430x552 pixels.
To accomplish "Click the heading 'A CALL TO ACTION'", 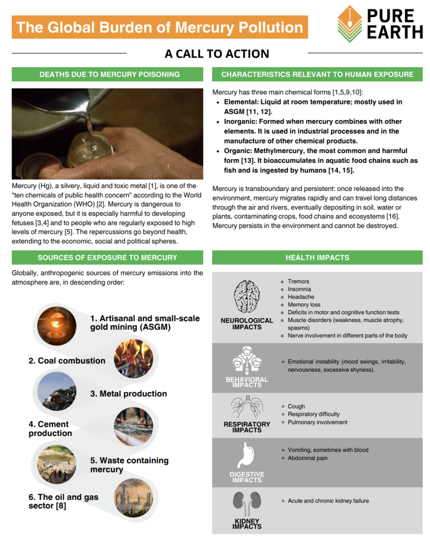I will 217,54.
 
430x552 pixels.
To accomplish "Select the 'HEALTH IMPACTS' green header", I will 317,258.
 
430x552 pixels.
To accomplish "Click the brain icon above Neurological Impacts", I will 247,297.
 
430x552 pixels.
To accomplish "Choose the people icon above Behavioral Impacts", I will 247,361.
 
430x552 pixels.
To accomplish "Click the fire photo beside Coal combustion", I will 133,359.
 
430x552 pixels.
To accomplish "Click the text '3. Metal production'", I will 128,394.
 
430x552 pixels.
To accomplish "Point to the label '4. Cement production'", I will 50,429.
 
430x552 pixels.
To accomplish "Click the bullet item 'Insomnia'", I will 299,289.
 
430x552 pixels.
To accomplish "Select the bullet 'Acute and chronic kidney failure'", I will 328,501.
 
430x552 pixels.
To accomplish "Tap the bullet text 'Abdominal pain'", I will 307,458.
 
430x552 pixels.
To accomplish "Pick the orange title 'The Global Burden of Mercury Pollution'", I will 160,27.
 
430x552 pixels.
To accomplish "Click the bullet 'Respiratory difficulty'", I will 313,414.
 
